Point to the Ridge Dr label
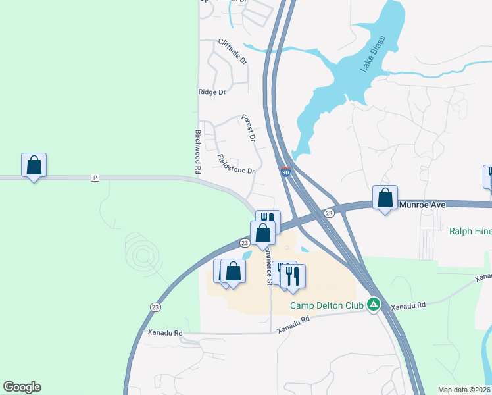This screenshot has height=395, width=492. pyautogui.click(x=212, y=92)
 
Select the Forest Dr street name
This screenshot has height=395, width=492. pyautogui.click(x=248, y=128)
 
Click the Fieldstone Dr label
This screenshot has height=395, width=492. pyautogui.click(x=235, y=165)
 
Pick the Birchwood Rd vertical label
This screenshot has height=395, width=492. pyautogui.click(x=197, y=151)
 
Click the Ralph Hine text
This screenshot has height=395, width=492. pyautogui.click(x=470, y=231)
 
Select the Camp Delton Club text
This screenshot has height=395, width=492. pyautogui.click(x=326, y=305)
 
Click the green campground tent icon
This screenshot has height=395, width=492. pyautogui.click(x=374, y=304)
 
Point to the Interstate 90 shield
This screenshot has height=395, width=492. pyautogui.click(x=285, y=171)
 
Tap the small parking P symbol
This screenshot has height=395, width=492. pyautogui.click(x=95, y=178)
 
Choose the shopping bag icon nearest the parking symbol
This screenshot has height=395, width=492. pyautogui.click(x=34, y=166)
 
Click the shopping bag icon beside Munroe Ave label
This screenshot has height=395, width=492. pyautogui.click(x=385, y=197)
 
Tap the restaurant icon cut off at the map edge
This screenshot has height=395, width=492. pyautogui.click(x=488, y=176)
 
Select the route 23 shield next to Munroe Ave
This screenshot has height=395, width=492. pyautogui.click(x=328, y=213)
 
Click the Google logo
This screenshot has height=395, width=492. pyautogui.click(x=22, y=387)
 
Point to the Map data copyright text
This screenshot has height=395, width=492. pyautogui.click(x=464, y=389)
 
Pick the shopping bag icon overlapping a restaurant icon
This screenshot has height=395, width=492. pyautogui.click(x=262, y=233)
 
